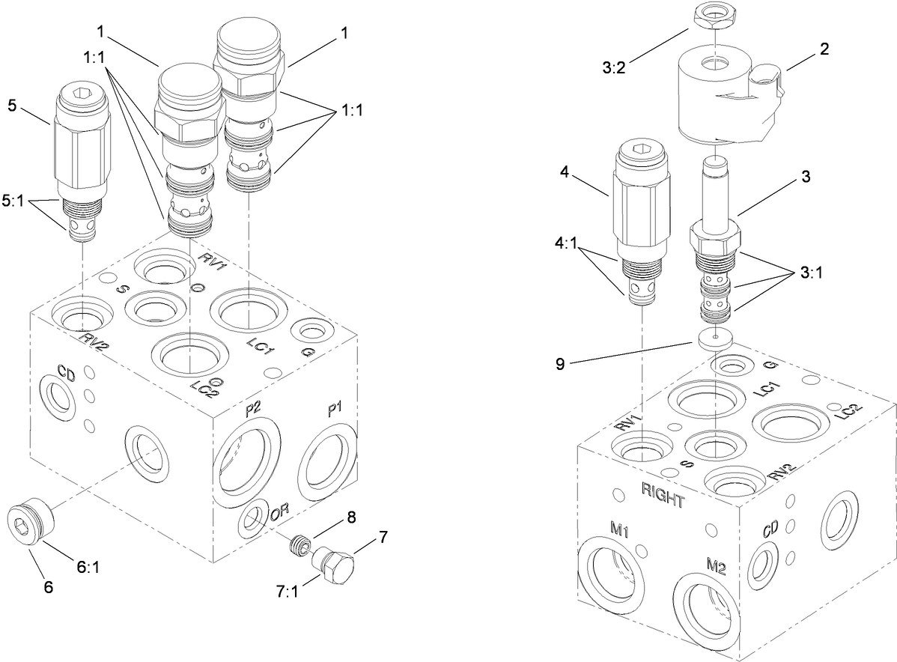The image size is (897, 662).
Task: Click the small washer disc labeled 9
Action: (x=716, y=338)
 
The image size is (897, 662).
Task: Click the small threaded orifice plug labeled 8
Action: (x=300, y=544)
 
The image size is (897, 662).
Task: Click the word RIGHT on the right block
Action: (x=663, y=496)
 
